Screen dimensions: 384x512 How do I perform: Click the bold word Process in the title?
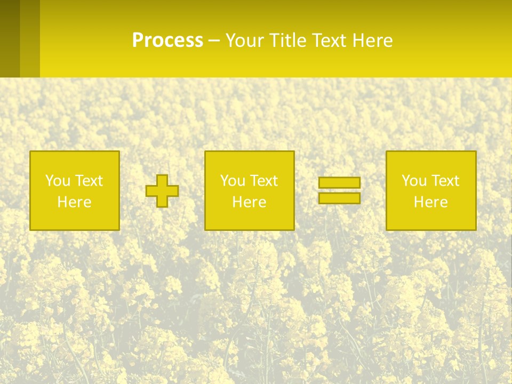coord(167,41)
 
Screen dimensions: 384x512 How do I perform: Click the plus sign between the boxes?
coord(162,191)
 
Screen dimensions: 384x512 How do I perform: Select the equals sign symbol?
coord(339,190)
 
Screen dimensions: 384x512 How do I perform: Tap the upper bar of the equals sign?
coord(339,183)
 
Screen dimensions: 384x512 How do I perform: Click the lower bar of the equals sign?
coord(339,198)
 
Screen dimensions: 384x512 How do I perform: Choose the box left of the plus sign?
coord(75,190)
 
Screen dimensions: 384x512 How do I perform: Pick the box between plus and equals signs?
coord(249,190)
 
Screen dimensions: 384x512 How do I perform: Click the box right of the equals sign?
coord(430,190)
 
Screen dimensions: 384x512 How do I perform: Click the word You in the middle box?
coord(233,181)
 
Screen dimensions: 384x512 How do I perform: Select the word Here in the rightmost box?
coord(430,202)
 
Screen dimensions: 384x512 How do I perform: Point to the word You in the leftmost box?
coord(58,181)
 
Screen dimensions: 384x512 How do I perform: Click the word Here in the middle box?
coord(249,202)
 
